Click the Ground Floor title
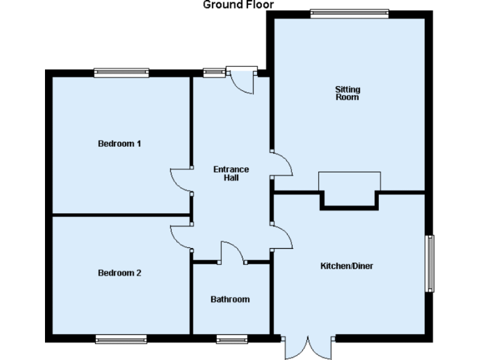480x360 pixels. (238, 5)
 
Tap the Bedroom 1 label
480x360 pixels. (119, 144)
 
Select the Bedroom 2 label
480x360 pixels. (119, 273)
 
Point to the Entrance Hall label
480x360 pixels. (231, 173)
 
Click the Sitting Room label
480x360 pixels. (347, 94)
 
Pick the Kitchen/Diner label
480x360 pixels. (346, 266)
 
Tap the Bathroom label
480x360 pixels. (230, 299)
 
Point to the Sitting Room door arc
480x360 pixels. (282, 164)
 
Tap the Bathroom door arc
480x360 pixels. (232, 251)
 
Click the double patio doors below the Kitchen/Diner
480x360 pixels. (306, 347)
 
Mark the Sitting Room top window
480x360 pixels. (349, 13)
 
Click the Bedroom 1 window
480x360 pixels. (121, 72)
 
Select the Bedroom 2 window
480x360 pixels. (121, 339)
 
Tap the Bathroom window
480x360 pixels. (232, 339)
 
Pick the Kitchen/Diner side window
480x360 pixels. (429, 263)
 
